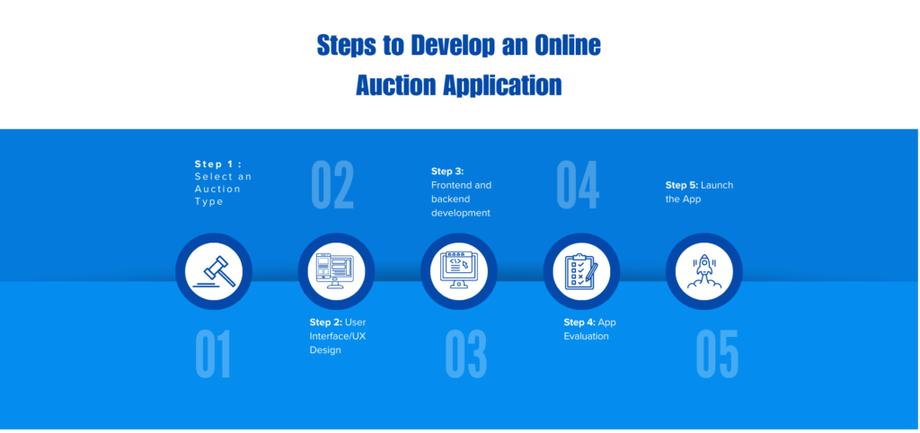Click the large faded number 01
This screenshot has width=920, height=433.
pyautogui.click(x=213, y=354)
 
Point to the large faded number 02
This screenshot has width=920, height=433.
pyautogui.click(x=332, y=185)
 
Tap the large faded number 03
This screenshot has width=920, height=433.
pyautogui.click(x=465, y=354)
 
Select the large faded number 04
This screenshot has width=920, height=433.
pyautogui.click(x=577, y=185)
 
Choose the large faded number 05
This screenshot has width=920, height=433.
pyautogui.click(x=717, y=354)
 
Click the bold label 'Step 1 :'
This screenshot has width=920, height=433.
pyautogui.click(x=218, y=164)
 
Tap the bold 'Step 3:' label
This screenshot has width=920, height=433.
pyautogui.click(x=447, y=172)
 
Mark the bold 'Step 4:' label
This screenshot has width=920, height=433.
pyautogui.click(x=579, y=323)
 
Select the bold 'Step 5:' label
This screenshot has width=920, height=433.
pyautogui.click(x=681, y=185)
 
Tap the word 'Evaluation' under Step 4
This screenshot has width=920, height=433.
pyautogui.click(x=586, y=336)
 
